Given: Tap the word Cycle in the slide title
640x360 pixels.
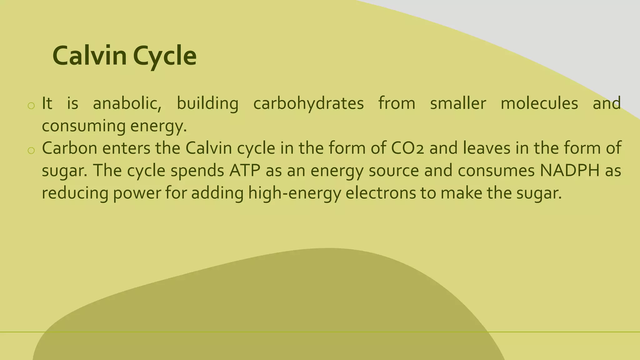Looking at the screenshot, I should [x=165, y=56].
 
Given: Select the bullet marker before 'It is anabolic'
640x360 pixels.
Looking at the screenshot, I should [x=31, y=106].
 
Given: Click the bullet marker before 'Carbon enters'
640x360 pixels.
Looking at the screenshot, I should [x=31, y=151].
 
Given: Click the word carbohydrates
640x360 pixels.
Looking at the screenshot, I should [x=308, y=104].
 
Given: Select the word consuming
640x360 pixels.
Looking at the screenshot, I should [x=83, y=126].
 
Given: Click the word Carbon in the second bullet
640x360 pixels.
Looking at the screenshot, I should [x=70, y=148].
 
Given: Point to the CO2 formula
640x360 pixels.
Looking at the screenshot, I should [x=407, y=148].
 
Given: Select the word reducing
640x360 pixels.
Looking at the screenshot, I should [x=75, y=193].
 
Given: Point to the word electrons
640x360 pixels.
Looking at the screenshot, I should [x=381, y=193].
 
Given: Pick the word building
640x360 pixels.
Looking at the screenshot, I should [x=207, y=104].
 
